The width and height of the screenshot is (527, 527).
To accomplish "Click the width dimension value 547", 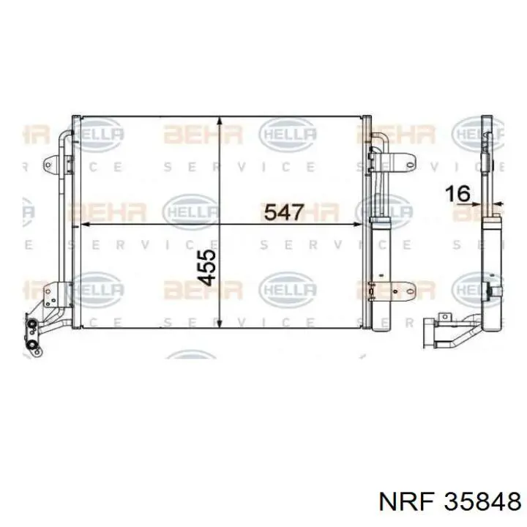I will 283,212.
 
